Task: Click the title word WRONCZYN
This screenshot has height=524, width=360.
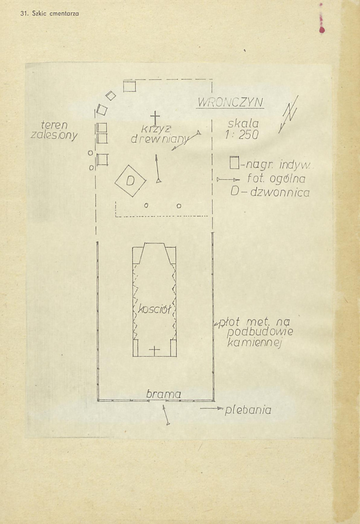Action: (x=230, y=102)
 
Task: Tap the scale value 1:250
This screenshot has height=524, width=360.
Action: (x=241, y=135)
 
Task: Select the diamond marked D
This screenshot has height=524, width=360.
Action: (x=130, y=181)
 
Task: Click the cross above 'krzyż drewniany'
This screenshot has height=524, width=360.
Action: (x=155, y=118)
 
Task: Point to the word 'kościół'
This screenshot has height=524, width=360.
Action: (x=155, y=309)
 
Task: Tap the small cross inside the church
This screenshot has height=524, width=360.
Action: (x=154, y=350)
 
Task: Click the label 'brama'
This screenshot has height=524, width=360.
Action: (x=164, y=394)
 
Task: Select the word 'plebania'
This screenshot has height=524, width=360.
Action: (x=248, y=410)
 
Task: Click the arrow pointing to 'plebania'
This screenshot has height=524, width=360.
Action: (x=211, y=408)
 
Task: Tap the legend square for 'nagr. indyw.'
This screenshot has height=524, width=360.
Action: (x=234, y=163)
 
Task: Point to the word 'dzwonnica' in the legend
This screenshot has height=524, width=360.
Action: (x=280, y=192)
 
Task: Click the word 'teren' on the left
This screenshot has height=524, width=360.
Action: (x=54, y=125)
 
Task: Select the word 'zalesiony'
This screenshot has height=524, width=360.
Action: (x=53, y=135)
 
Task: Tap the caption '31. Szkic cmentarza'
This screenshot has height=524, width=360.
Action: (x=49, y=14)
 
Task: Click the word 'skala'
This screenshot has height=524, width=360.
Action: (x=243, y=124)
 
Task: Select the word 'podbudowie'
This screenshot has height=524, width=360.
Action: (x=260, y=332)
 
